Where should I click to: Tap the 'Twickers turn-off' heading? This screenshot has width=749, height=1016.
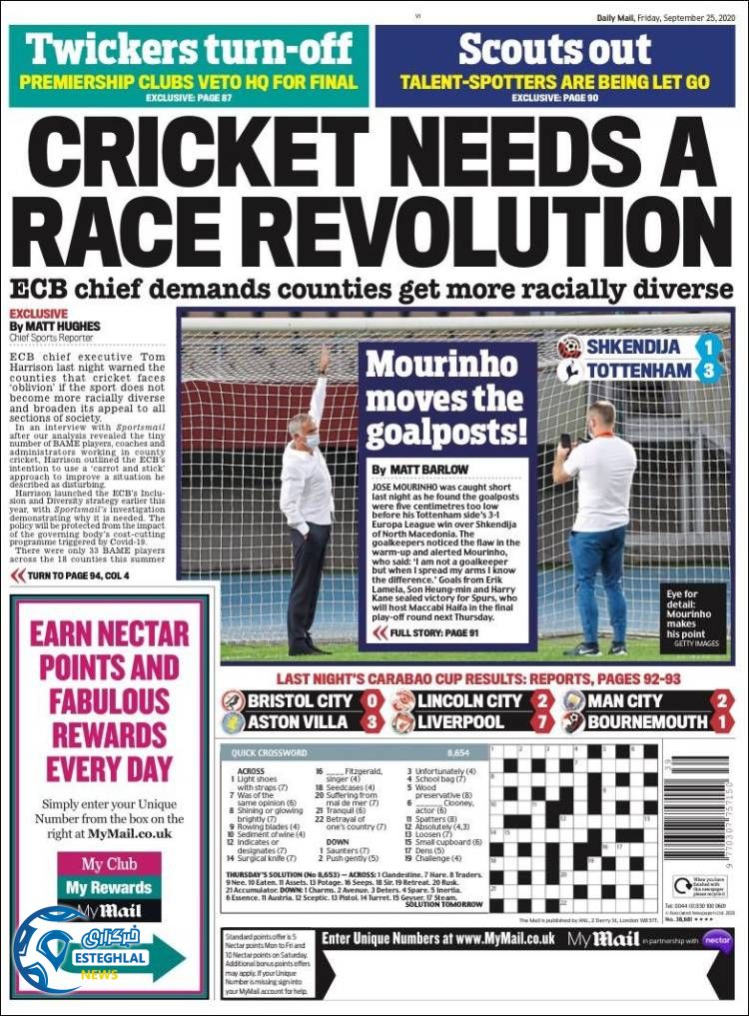tap(190, 49)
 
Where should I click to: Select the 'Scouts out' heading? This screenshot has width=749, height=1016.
tap(556, 49)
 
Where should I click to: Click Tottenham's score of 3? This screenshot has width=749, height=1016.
tap(708, 371)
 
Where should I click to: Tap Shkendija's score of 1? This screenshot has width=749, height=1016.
tap(708, 347)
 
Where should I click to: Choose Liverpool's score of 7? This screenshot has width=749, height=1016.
tap(542, 722)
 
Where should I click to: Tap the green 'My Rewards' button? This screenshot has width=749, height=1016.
tap(109, 887)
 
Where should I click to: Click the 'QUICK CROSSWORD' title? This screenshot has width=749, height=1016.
tap(270, 752)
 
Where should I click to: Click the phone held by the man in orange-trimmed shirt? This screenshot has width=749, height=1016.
tap(565, 440)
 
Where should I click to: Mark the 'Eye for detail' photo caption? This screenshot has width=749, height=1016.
tap(689, 612)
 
